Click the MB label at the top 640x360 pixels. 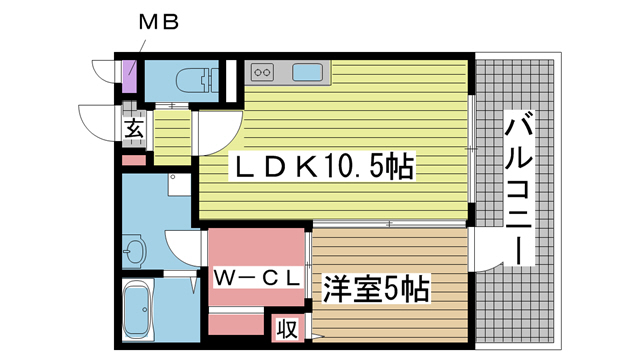(156, 21)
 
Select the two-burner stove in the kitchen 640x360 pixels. (263, 73)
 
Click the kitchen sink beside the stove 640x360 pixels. (307, 73)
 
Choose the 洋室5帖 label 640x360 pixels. (375, 290)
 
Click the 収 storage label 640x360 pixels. (286, 328)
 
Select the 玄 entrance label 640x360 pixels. (134, 128)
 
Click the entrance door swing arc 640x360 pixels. (100, 125)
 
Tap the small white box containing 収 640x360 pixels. (286, 328)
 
